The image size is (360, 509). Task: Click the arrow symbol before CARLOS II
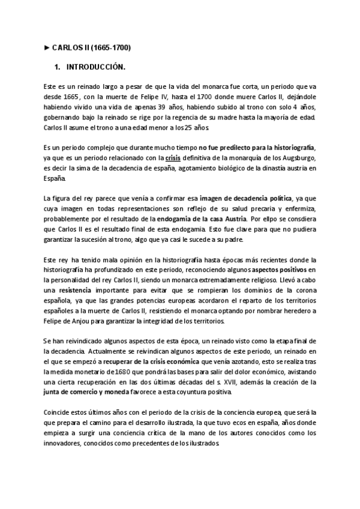click(47, 47)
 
